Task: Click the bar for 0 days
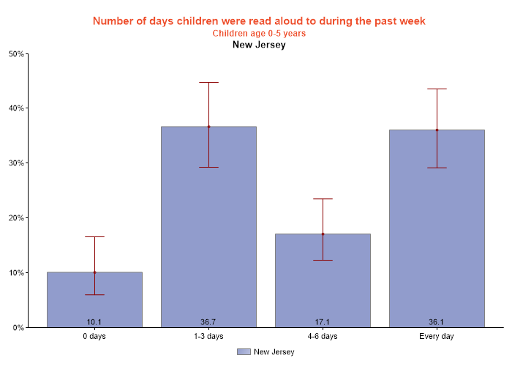click(x=94, y=300)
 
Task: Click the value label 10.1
click(x=94, y=322)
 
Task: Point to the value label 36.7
click(x=208, y=322)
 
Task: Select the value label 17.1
click(x=323, y=322)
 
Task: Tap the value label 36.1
click(x=437, y=322)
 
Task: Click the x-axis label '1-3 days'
click(x=208, y=337)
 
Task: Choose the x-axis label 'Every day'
click(x=437, y=337)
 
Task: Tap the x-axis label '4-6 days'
click(x=323, y=337)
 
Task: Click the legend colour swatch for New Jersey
click(x=244, y=352)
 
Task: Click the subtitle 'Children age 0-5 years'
click(x=259, y=33)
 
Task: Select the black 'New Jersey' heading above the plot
click(x=259, y=45)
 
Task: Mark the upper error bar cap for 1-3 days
click(x=208, y=82)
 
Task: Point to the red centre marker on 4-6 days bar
click(x=323, y=234)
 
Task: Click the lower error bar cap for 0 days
click(x=94, y=294)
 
